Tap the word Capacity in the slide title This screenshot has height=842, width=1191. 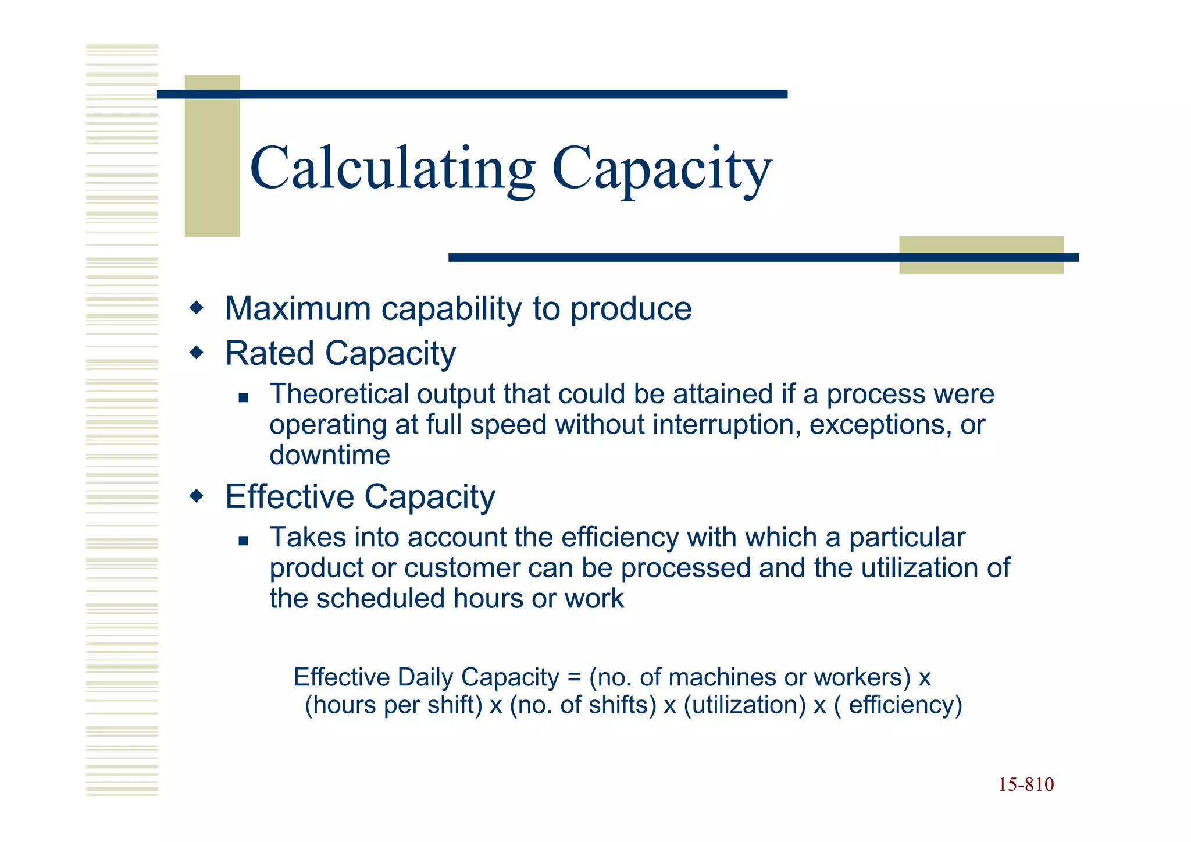pos(662,169)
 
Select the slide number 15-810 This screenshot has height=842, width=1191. pos(1026,785)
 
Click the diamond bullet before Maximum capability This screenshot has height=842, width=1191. pos(197,307)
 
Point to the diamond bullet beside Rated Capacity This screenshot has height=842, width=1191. pos(197,352)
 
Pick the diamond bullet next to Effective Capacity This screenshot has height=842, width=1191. pos(197,496)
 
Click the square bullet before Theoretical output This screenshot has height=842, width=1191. pos(244,398)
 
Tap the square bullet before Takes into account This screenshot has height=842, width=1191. pos(244,541)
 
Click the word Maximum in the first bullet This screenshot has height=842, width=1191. pos(298,308)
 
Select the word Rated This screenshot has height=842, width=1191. pos(270,353)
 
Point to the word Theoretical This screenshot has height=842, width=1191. pos(339,394)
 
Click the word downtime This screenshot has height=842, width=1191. pos(330,455)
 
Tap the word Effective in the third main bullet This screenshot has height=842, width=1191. pos(289,497)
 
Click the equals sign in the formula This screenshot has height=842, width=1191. pos(574,677)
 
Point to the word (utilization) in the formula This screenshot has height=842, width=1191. pos(745,705)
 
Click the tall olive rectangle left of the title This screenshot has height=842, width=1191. pos(212,155)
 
